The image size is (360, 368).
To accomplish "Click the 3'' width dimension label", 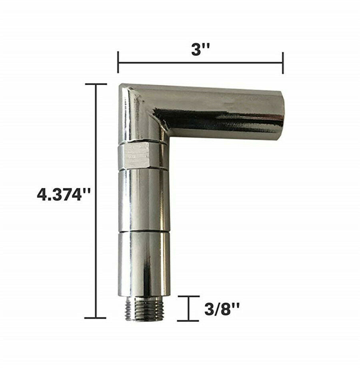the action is pyautogui.click(x=200, y=50).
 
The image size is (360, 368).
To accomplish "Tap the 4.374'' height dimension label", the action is pyautogui.click(x=64, y=195).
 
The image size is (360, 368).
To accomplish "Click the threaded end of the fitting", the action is pyautogui.click(x=143, y=310).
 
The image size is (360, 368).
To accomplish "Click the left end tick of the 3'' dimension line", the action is pyautogui.click(x=118, y=62).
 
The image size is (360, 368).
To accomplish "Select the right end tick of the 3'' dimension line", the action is pyautogui.click(x=283, y=63).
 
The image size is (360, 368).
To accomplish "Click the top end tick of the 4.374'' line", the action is pyautogui.click(x=96, y=84).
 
